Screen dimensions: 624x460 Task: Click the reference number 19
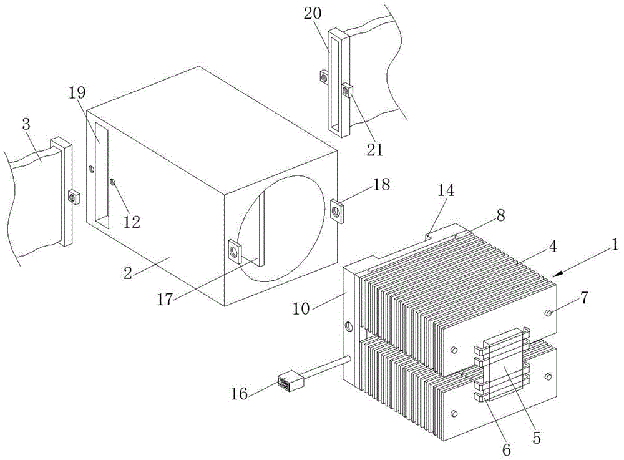[x=77, y=93]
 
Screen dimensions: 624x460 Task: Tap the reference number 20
[x=313, y=14]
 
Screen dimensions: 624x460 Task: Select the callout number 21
[x=374, y=150]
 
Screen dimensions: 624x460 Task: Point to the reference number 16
[x=240, y=394]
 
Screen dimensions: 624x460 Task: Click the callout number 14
[x=446, y=190]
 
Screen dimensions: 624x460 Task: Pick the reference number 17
[x=165, y=299]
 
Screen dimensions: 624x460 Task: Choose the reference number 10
[x=301, y=309]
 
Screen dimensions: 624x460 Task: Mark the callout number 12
[x=132, y=222]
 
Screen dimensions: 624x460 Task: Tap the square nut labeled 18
[x=338, y=210]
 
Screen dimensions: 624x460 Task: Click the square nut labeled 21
[x=347, y=91]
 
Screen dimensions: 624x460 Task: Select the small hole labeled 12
[x=112, y=182]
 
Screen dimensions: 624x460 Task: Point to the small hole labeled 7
[x=548, y=313]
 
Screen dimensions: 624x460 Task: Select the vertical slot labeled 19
[x=101, y=175]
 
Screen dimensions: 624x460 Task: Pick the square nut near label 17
[x=235, y=252]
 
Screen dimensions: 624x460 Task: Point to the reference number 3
[x=26, y=125]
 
